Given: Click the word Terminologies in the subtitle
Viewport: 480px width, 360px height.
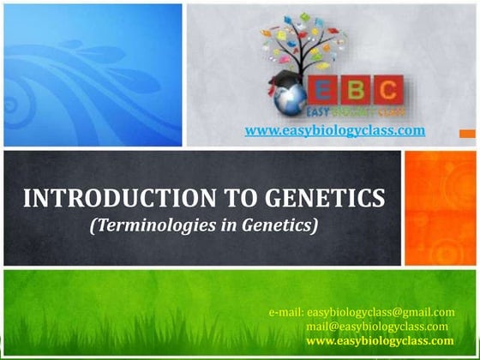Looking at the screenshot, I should [155, 225].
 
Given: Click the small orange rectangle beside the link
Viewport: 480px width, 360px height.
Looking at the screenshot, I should [467, 133].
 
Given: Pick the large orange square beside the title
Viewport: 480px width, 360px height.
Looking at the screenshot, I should [441, 207].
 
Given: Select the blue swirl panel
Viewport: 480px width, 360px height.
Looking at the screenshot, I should [93, 75].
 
